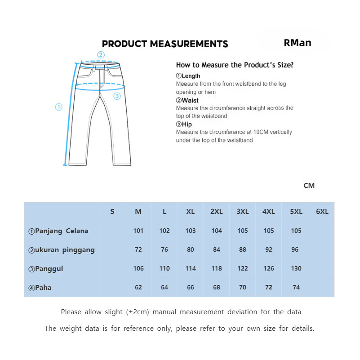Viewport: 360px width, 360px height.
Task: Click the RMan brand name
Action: pos(298,43)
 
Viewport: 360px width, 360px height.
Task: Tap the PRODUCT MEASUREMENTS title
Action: pos(165,44)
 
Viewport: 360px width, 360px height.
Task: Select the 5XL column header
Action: pos(296,212)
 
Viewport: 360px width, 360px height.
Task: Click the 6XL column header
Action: pos(322,212)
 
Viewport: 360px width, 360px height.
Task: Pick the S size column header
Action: pos(112,212)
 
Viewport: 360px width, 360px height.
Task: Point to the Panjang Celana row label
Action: pos(58,231)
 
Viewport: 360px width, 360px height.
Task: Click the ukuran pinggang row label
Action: pos(62,250)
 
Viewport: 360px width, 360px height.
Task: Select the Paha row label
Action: pos(40,288)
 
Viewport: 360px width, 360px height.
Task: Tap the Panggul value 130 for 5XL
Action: pos(296,268)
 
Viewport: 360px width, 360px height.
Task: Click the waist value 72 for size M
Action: pos(138,249)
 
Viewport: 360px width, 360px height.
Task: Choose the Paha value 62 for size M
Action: pos(138,287)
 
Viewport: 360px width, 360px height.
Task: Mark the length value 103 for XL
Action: pos(191,231)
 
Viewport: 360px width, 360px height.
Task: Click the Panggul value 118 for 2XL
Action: pos(217,268)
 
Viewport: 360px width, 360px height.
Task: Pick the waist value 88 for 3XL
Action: pos(243,249)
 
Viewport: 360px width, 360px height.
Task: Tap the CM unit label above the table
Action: pos(309,185)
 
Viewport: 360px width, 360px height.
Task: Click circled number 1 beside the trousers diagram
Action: pos(58,107)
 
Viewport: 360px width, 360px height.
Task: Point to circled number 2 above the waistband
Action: pos(101,55)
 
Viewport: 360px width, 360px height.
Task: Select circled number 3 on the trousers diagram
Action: pos(117,96)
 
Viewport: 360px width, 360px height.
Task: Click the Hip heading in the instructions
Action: pos(184,124)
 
